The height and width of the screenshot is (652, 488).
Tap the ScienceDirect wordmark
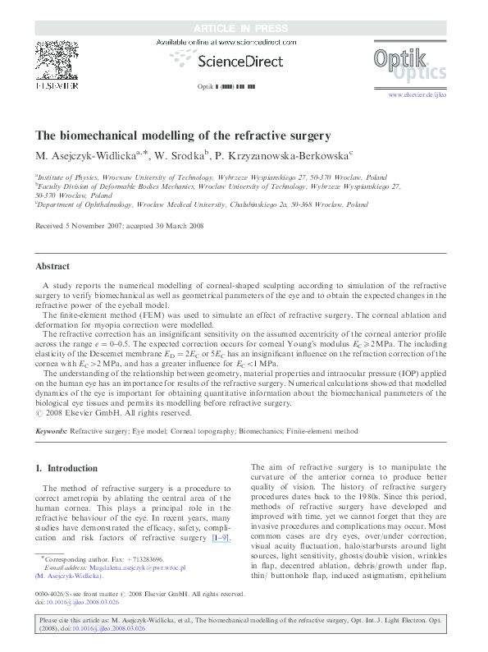click(x=226, y=61)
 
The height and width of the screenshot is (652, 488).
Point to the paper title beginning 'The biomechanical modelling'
click(x=182, y=135)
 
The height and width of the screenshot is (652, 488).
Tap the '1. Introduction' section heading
click(x=66, y=468)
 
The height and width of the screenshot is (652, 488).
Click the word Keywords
click(x=51, y=430)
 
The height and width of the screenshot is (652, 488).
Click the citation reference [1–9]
click(x=221, y=537)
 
